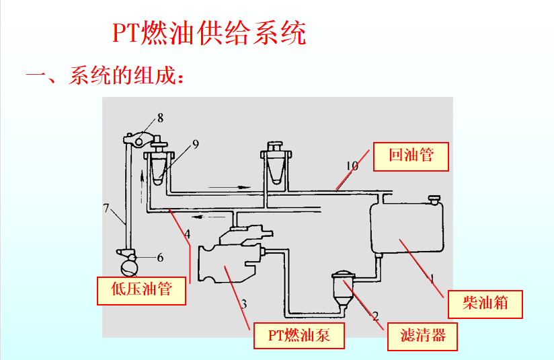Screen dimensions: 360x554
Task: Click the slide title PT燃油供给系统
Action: (x=209, y=33)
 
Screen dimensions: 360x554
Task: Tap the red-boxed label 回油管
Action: (x=411, y=155)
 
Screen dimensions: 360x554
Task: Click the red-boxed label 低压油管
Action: (x=141, y=290)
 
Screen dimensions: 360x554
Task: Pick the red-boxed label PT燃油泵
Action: (x=299, y=335)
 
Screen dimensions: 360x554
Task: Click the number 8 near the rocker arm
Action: (x=160, y=118)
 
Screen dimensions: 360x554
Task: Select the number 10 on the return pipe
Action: (x=352, y=166)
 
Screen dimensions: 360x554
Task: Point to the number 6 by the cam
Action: (x=160, y=257)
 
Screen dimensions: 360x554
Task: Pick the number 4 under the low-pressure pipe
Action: (x=188, y=234)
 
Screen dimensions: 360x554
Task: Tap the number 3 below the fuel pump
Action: (x=243, y=303)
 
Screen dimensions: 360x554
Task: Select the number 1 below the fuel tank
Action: (x=432, y=277)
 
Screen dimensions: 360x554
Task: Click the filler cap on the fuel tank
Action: (x=434, y=200)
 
